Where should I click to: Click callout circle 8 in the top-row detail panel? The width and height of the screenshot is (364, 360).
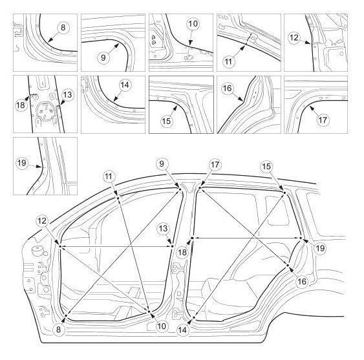click(63, 28)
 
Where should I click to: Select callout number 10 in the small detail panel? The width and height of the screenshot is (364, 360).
click(193, 23)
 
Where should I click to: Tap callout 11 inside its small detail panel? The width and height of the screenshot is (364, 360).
click(228, 61)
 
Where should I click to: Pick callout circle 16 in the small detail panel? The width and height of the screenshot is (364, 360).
click(228, 88)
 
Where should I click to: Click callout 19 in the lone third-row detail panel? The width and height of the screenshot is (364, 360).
click(22, 163)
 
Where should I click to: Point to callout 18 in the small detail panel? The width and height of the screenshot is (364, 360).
click(21, 105)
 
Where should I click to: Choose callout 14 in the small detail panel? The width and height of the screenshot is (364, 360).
click(125, 85)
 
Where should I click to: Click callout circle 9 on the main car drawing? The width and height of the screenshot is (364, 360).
click(162, 164)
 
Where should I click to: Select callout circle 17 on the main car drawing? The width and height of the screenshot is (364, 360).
click(215, 165)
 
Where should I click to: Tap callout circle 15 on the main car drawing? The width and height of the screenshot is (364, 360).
click(266, 166)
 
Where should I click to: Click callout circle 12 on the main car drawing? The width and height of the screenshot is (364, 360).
click(42, 221)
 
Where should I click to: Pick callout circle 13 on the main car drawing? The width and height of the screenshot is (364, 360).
click(163, 228)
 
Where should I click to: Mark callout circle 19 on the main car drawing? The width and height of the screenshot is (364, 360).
click(320, 248)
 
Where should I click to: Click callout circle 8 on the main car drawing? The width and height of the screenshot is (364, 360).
click(58, 329)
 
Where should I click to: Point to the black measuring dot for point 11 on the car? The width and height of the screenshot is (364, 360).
click(118, 198)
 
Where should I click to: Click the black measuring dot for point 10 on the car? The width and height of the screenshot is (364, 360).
click(149, 312)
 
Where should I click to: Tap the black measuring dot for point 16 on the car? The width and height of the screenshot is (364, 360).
click(288, 265)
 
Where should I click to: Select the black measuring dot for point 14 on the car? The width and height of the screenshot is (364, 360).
click(193, 317)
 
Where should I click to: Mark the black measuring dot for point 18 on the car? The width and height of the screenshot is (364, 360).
click(192, 238)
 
